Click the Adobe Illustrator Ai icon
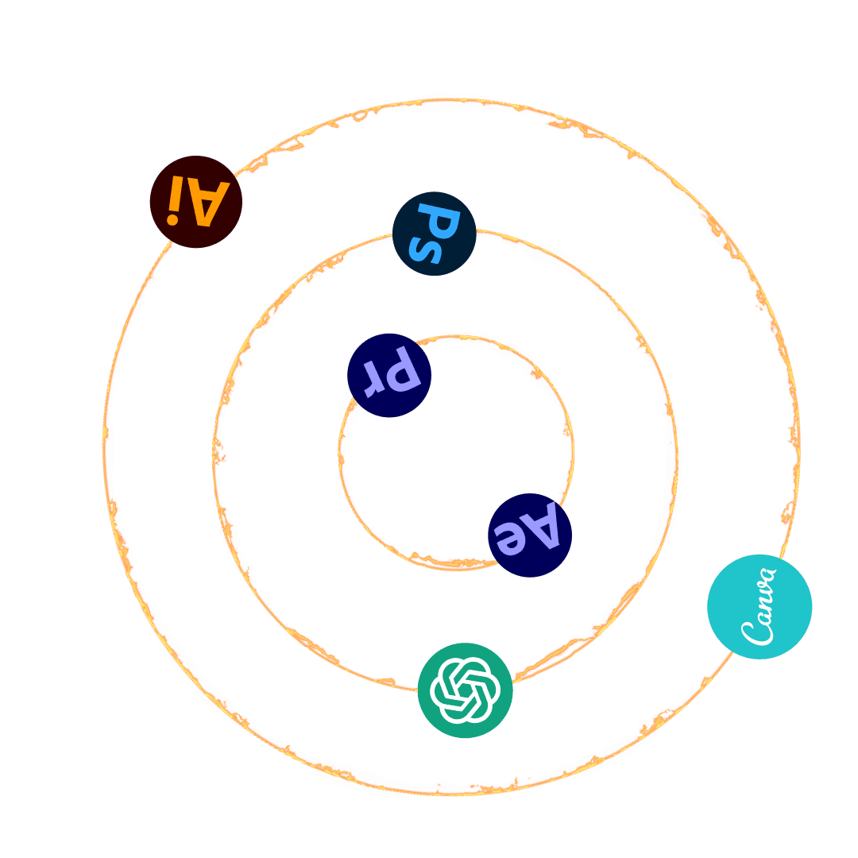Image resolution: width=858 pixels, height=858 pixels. [195, 202]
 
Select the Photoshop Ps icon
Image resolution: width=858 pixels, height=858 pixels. [435, 234]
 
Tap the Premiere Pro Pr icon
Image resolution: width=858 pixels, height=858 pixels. [389, 375]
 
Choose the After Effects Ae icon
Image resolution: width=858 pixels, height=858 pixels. [530, 535]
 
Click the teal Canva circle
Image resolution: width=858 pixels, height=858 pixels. [759, 606]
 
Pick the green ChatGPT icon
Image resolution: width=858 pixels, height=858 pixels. [465, 690]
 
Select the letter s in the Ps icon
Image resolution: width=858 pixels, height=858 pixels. [426, 249]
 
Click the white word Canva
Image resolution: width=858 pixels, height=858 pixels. [759, 606]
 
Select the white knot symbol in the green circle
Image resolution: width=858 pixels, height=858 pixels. [465, 690]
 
